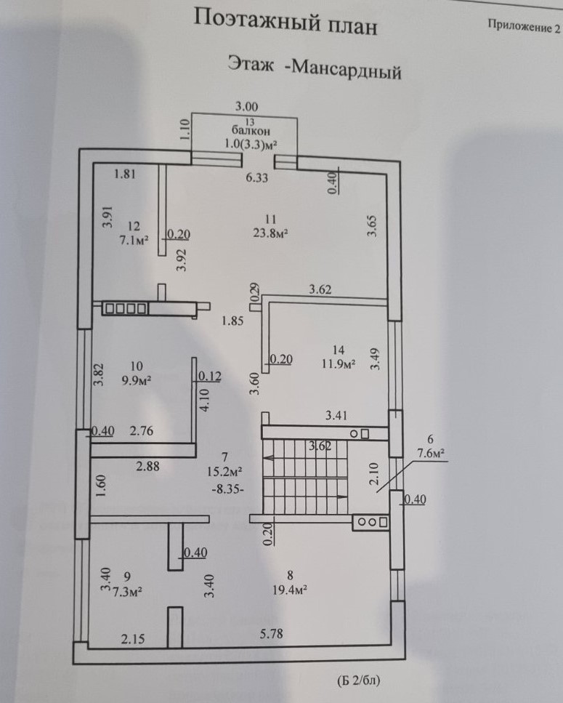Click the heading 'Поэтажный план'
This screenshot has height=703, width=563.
(x=285, y=23)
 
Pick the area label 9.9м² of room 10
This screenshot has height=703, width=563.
(x=132, y=379)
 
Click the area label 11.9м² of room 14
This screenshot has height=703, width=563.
(x=338, y=363)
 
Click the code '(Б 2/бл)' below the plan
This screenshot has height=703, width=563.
(x=358, y=681)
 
